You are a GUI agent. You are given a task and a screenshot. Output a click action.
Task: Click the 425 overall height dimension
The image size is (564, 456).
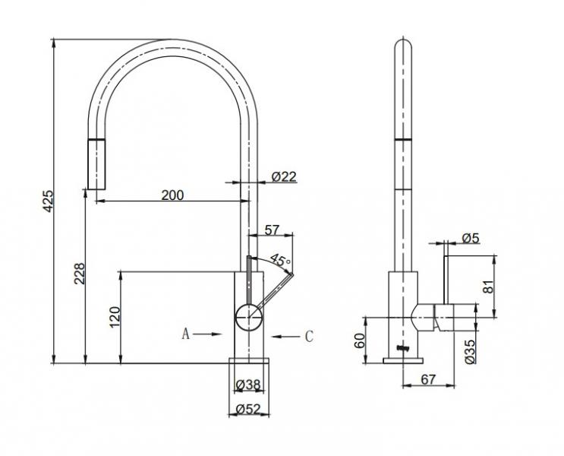tap(48, 201)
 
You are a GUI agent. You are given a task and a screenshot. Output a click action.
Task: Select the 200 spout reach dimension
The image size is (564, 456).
tap(172, 195)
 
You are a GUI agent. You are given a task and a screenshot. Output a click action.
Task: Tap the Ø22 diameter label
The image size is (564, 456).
tap(284, 176)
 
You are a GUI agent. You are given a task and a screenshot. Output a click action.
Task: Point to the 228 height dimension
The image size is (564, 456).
tap(80, 274)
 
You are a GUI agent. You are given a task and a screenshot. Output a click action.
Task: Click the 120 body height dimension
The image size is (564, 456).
tap(115, 317)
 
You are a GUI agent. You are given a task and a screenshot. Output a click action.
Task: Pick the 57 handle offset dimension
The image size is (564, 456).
tap(272, 230)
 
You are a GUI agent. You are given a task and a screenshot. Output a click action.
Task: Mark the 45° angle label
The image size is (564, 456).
tap(281, 260)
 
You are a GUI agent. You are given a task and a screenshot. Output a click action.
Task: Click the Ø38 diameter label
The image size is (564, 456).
tap(248, 385)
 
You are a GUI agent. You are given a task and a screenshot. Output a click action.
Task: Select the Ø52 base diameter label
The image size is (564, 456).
tap(248, 409)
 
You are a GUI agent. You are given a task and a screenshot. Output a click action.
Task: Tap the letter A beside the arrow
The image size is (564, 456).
tap(185, 334)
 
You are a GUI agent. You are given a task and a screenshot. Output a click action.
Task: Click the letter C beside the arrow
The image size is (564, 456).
tap(309, 337)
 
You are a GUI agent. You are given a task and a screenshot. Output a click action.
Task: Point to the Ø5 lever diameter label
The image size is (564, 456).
tap(471, 238)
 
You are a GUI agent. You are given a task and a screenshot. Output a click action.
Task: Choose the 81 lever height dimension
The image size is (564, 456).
tap(488, 287)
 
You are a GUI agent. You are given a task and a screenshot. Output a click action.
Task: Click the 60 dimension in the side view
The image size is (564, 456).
tap(359, 340)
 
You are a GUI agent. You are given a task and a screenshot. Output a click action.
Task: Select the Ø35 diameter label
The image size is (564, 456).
tap(470, 352)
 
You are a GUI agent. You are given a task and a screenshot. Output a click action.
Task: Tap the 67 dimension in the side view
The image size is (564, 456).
tap(428, 379)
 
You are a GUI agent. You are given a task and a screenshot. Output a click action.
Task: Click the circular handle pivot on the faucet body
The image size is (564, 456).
tap(248, 317)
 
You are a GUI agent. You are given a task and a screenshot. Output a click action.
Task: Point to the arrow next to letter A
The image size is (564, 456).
tap(206, 334)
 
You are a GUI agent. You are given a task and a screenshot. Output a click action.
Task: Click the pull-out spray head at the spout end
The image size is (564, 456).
tap(96, 164)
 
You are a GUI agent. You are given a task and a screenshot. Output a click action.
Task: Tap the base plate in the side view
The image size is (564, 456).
tap(403, 360)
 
